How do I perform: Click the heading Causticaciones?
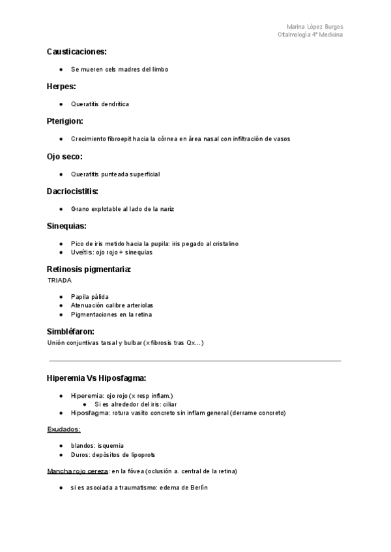click(x=77, y=51)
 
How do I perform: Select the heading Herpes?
click(x=61, y=86)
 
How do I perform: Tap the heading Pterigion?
click(x=65, y=121)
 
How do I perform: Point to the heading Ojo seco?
click(x=65, y=156)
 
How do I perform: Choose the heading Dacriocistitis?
click(x=72, y=191)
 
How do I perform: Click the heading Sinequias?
click(x=66, y=226)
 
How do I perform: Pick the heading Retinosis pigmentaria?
click(x=89, y=269)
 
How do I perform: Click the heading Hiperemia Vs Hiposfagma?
click(x=96, y=378)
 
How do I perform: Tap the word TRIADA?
click(x=59, y=280)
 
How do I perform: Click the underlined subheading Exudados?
click(x=64, y=429)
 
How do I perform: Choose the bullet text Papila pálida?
click(x=90, y=296)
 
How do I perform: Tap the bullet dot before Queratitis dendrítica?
click(x=60, y=104)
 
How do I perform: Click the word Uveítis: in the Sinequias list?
click(x=82, y=252)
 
